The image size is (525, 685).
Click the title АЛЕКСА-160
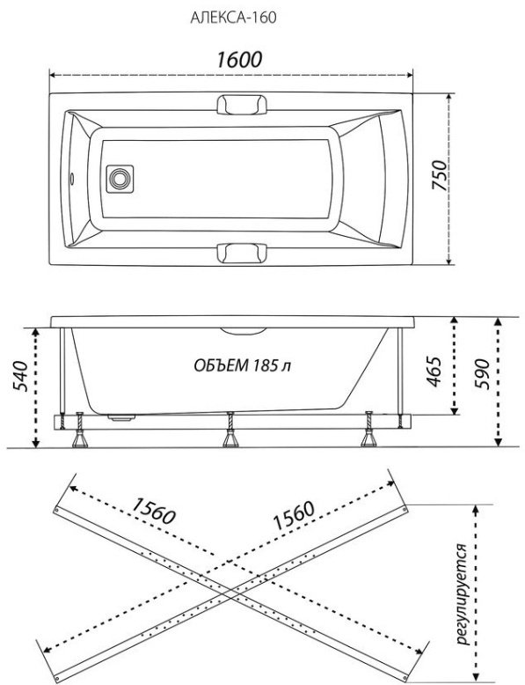233,18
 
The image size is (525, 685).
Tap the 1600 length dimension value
239,59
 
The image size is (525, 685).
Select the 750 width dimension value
439,175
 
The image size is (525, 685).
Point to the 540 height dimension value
20,376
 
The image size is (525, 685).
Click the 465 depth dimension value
434,372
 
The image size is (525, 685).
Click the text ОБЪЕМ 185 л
242,365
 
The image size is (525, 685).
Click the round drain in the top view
120,179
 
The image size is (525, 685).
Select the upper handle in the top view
242,105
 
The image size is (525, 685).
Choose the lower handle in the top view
242,254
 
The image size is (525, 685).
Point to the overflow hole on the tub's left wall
71,178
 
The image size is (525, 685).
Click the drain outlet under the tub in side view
121,418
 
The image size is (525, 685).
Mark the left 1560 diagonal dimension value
153,511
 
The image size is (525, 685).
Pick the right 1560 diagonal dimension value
293,515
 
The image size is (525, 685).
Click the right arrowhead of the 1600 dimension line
410,75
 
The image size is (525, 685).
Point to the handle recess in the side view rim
243,331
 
